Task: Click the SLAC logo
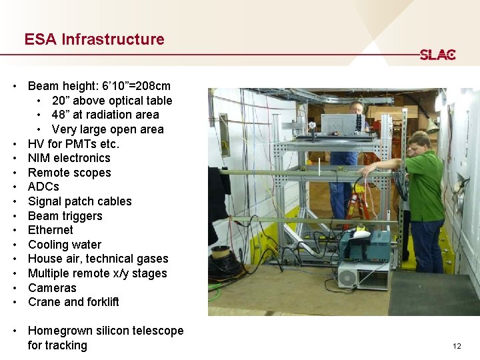point(437,55)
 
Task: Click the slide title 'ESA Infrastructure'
point(94,39)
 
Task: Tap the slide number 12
point(457,346)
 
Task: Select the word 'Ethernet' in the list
point(51,230)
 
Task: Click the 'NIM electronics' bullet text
point(69,158)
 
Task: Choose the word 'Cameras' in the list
point(52,288)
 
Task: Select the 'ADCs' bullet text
point(43,187)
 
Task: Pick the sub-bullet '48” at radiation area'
point(105,115)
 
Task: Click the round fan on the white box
point(348,277)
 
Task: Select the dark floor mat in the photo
point(433,294)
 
